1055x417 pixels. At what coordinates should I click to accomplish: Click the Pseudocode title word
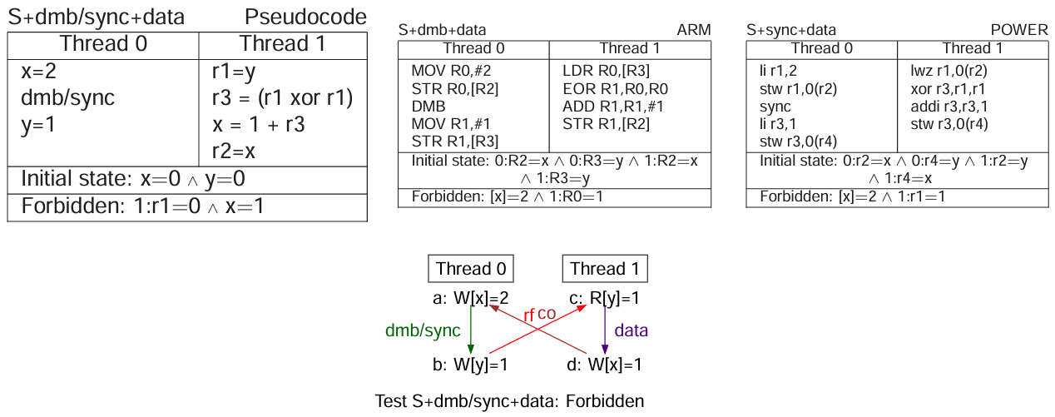(x=305, y=17)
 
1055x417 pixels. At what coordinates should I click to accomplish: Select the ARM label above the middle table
(x=695, y=30)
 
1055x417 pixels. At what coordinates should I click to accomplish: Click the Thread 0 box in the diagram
(x=471, y=269)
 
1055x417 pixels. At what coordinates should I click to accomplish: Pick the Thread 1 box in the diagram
(x=605, y=269)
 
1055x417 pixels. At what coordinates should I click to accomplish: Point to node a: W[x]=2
(x=471, y=297)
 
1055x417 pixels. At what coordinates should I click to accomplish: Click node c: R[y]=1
(x=605, y=297)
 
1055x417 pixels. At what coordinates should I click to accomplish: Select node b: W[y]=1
(x=471, y=364)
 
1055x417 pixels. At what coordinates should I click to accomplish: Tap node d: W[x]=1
(x=605, y=364)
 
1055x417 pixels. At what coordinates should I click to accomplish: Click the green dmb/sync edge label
(x=423, y=330)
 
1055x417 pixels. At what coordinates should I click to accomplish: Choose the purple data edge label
(x=631, y=330)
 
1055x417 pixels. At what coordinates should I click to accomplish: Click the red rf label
(x=528, y=315)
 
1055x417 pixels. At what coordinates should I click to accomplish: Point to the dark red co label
(x=547, y=313)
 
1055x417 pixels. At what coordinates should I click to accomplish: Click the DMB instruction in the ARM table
(x=428, y=107)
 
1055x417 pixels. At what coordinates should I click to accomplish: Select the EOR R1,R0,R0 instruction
(x=615, y=88)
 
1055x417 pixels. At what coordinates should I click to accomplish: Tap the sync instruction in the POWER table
(x=775, y=107)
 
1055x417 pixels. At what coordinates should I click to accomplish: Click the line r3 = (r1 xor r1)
(x=283, y=98)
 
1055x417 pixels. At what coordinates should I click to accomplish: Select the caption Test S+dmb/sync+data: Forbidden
(x=509, y=401)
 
